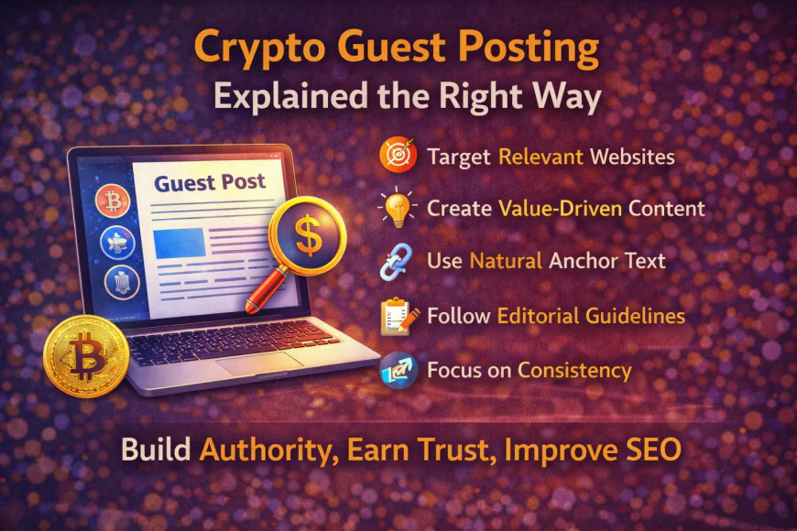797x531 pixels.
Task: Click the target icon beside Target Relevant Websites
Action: point(398,157)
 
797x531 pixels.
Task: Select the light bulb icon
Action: point(398,209)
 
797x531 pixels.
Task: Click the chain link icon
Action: point(398,262)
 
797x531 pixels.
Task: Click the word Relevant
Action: point(540,157)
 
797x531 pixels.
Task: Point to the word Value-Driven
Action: point(564,209)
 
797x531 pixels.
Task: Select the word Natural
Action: point(507,262)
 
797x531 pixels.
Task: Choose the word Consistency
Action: point(574,371)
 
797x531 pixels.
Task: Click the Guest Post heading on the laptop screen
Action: point(211,183)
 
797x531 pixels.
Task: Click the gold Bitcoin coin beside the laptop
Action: point(85,355)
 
